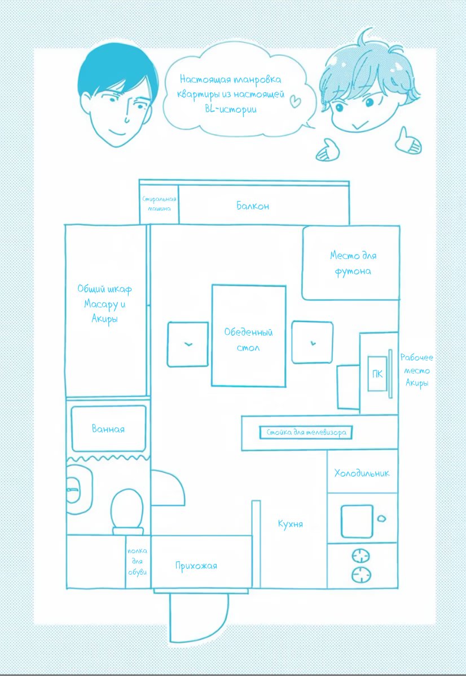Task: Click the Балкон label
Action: tap(253, 206)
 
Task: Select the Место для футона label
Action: tap(353, 263)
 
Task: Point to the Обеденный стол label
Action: tap(248, 340)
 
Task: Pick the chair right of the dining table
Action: tap(312, 343)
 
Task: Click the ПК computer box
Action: tap(376, 373)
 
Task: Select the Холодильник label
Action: tap(362, 473)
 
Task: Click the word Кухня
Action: tap(290, 524)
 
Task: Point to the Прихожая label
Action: tap(196, 566)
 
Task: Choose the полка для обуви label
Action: tap(137, 562)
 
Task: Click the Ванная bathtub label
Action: tap(108, 429)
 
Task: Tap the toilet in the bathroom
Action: tap(127, 510)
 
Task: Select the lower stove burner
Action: tap(361, 575)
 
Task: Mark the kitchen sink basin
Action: tap(357, 521)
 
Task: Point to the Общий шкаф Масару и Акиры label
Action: tap(105, 304)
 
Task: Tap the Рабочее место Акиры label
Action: tap(416, 370)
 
